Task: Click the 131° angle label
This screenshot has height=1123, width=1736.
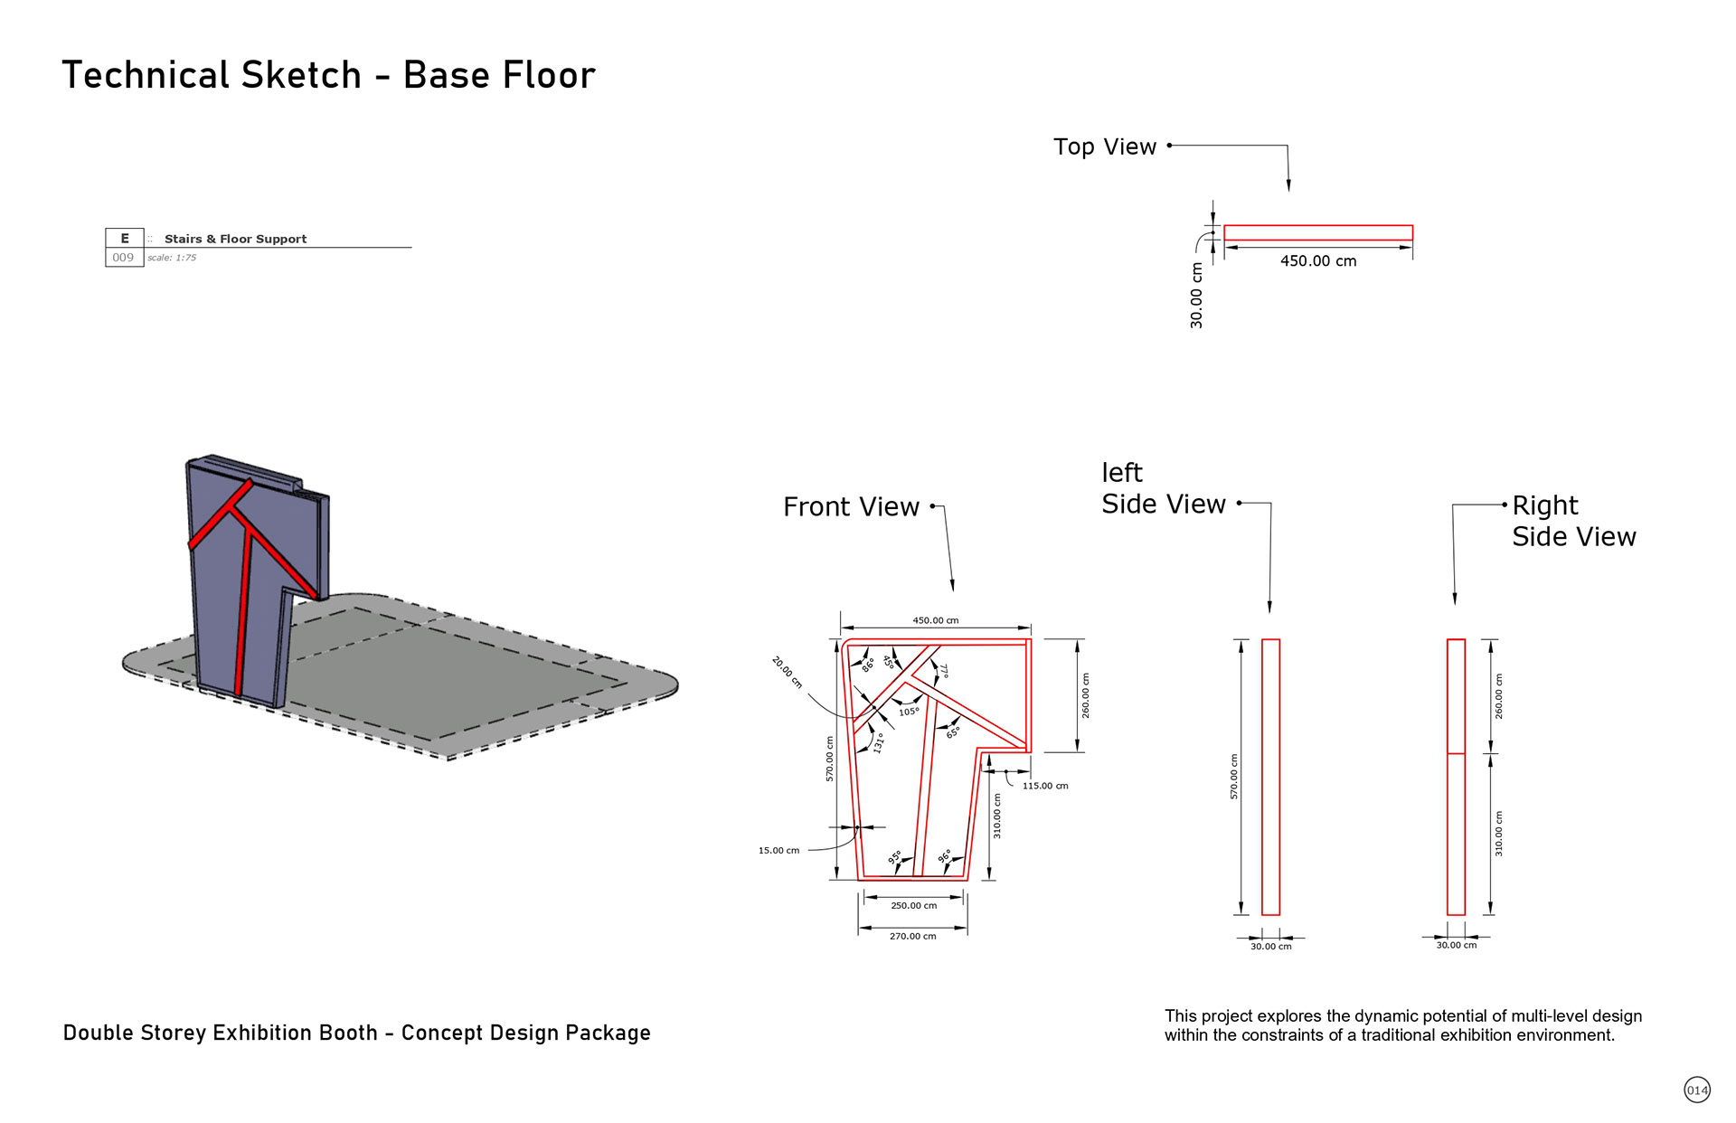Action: point(878,743)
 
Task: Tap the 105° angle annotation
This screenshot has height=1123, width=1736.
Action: point(909,712)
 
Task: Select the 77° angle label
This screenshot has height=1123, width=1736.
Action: point(943,671)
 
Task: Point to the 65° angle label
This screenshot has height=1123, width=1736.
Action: point(953,732)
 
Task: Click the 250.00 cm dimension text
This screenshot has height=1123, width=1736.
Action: point(913,905)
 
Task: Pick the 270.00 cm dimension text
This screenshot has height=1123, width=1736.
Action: point(912,936)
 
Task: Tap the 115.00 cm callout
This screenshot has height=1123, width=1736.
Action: point(1045,786)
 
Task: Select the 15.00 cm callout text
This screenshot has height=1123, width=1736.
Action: point(778,850)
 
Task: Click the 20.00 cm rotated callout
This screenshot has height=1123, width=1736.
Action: point(787,673)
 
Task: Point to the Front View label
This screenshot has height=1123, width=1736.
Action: point(851,507)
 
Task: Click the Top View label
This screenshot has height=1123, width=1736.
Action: point(1104,146)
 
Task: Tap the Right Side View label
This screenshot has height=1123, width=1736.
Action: point(1573,521)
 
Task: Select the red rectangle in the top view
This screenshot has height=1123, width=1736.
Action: point(1317,232)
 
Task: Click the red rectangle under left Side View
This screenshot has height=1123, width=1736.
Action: point(1270,777)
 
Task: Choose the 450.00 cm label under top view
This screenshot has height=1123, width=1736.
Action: point(1318,261)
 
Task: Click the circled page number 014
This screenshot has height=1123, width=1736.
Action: point(1697,1090)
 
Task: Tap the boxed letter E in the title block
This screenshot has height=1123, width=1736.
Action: point(125,239)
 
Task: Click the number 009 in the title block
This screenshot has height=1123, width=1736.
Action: point(123,258)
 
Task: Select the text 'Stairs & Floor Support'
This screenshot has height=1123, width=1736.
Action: point(235,239)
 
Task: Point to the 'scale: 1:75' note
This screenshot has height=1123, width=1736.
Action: point(172,258)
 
